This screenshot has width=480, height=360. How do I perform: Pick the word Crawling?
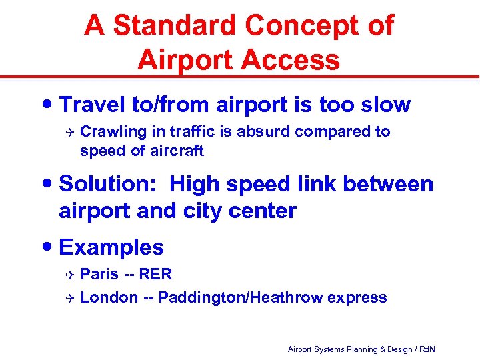(x=110, y=131)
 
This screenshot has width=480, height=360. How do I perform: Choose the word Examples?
(x=111, y=247)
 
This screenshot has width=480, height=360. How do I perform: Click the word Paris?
(x=99, y=274)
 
